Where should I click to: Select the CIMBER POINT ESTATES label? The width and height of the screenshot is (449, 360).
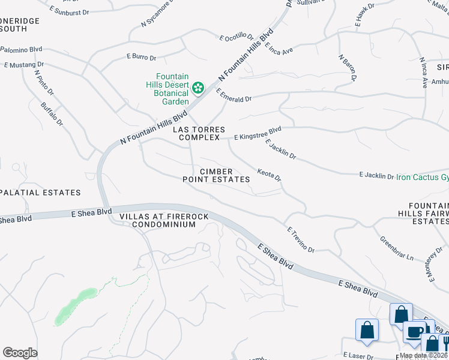point(216,175)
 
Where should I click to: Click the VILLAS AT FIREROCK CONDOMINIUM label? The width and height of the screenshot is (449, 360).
point(158,220)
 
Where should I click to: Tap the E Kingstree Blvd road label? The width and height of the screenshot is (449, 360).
point(258,133)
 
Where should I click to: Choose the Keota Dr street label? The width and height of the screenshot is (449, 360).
point(269,175)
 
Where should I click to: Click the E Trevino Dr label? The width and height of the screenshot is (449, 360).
point(301,239)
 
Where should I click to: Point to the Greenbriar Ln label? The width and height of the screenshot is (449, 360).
point(397,248)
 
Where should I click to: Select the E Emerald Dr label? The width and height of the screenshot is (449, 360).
point(234,95)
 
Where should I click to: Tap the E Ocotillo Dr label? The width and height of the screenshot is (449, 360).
point(237,37)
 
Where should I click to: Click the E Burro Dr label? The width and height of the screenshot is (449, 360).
point(141,58)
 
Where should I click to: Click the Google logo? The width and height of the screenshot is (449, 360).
point(20,353)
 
